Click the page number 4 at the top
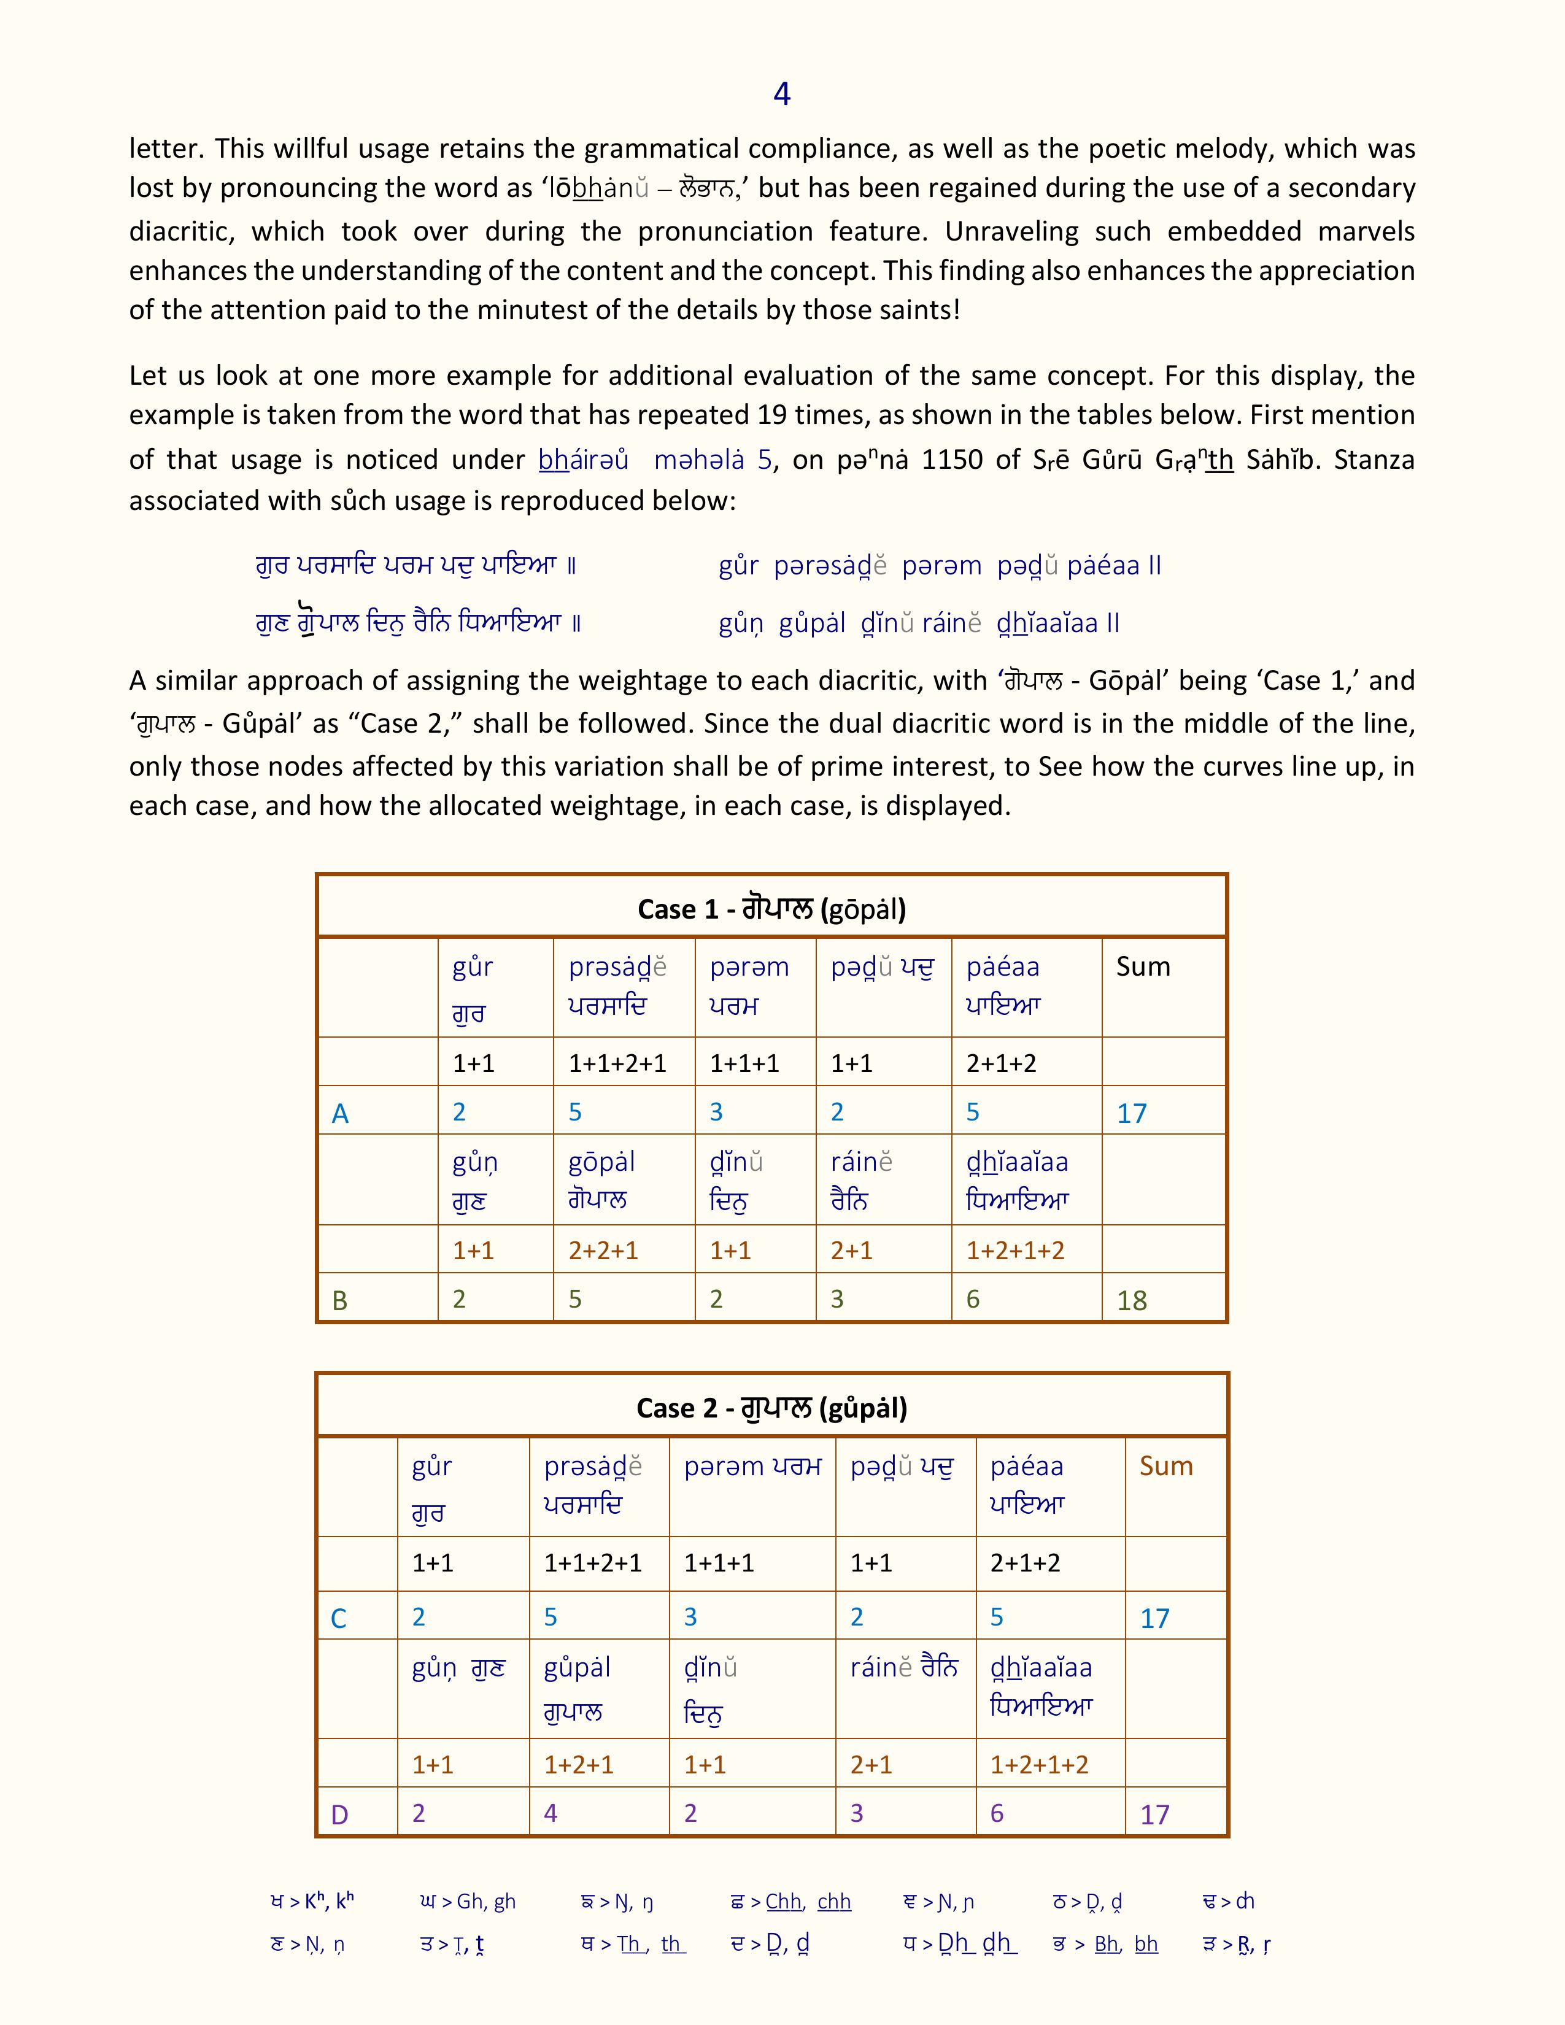(781, 94)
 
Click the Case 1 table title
(771, 909)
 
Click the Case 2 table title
(771, 1408)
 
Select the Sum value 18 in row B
(1132, 1300)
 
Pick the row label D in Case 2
(339, 1815)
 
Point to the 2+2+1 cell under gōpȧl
(603, 1250)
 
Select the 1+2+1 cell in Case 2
(579, 1764)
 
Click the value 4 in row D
(551, 1813)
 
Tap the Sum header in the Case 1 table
(1143, 966)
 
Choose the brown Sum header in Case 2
(1165, 1466)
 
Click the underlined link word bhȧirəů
(583, 459)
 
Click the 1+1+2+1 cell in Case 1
(617, 1063)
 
